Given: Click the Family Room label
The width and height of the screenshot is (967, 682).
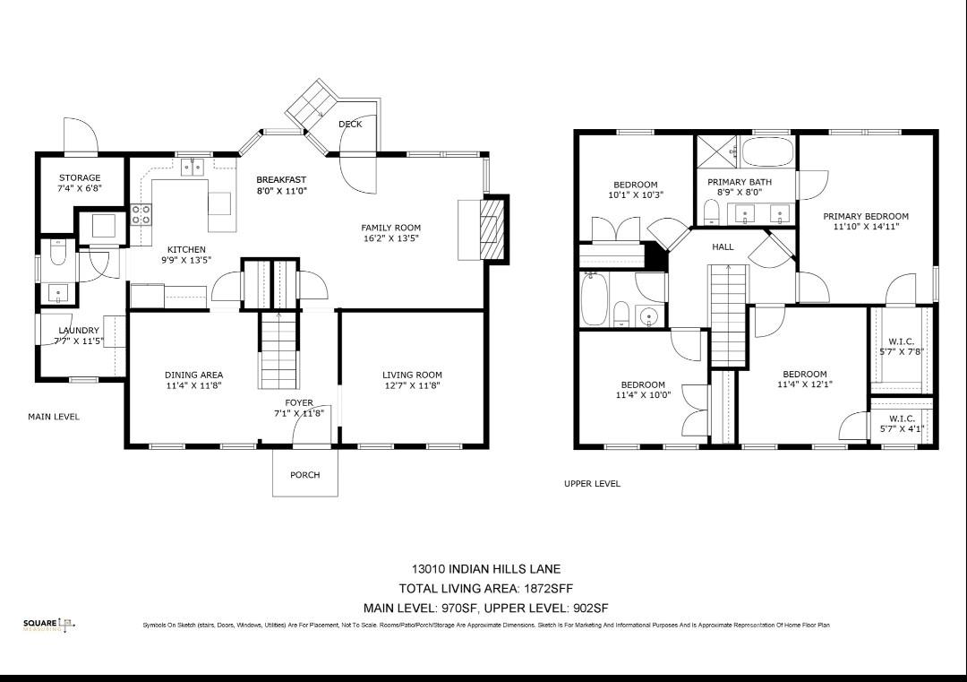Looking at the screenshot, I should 390,228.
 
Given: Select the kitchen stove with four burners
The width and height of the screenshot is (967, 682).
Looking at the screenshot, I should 141,213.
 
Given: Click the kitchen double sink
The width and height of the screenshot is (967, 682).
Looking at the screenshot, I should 193,167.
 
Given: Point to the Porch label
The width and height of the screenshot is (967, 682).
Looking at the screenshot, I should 304,475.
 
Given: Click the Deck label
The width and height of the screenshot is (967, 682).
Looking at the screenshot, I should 350,125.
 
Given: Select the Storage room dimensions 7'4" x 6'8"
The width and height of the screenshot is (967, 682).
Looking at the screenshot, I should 80,189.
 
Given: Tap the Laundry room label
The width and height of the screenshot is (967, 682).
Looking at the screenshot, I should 79,331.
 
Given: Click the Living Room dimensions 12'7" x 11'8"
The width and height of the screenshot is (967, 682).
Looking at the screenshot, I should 412,385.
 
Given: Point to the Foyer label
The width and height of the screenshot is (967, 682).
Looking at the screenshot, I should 299,403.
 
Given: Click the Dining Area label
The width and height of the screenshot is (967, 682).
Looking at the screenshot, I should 193,375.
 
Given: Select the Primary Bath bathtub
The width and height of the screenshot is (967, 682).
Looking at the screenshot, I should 767,151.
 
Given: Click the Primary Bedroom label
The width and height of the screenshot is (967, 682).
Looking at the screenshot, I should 866,216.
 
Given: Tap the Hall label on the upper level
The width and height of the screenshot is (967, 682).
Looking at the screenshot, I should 723,246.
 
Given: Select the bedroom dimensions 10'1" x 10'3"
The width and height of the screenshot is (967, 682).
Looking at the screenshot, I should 635,195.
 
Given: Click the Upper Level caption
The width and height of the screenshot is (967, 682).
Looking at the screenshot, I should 592,484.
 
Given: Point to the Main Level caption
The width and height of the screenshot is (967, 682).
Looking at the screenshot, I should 54,417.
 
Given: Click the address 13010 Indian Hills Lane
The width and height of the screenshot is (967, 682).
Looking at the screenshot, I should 486,569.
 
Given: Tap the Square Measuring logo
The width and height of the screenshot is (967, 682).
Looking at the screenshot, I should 49,625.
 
